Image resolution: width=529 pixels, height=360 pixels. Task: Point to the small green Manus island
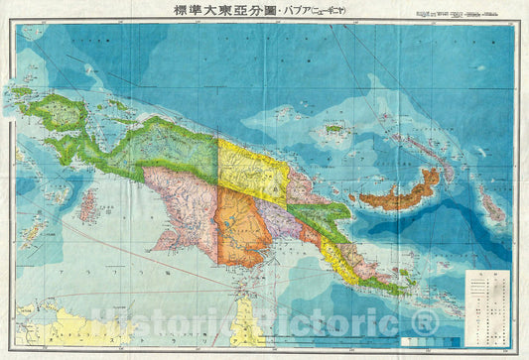[x=334, y=128]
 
